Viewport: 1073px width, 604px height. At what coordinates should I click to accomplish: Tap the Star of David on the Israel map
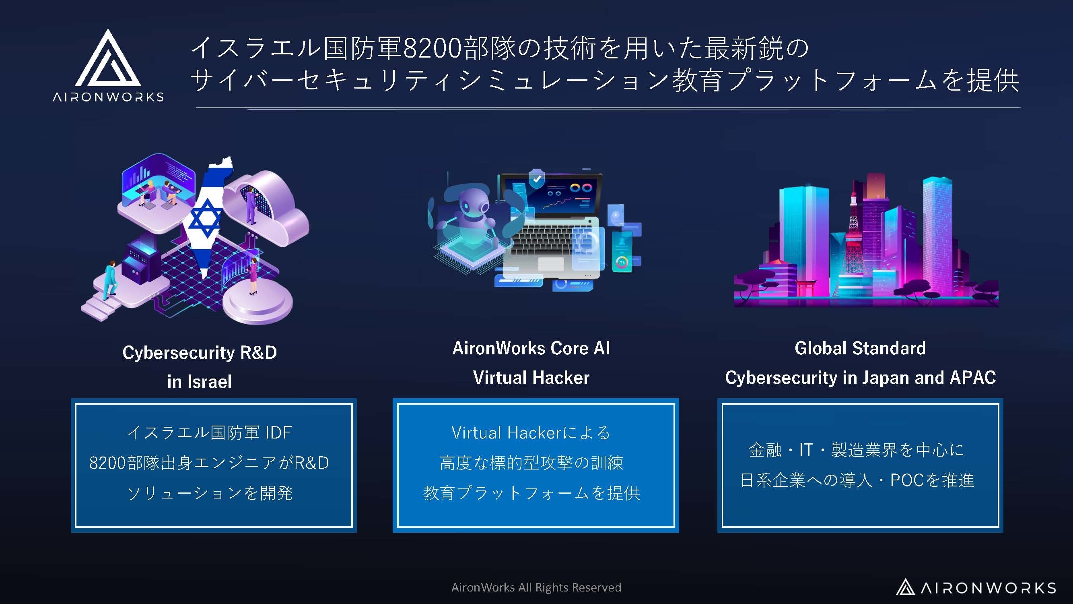205,218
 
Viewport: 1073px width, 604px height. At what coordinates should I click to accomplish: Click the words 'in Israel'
199,381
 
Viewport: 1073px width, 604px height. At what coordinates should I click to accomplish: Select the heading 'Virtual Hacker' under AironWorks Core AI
531,378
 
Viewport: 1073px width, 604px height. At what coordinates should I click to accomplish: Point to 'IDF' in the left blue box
279,433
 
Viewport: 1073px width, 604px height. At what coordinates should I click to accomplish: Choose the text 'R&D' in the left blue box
311,463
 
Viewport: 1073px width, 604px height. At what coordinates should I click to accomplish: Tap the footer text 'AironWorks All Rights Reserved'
536,587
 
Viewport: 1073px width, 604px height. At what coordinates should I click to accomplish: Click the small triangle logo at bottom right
905,587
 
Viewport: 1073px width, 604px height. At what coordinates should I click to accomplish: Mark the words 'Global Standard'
860,348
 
